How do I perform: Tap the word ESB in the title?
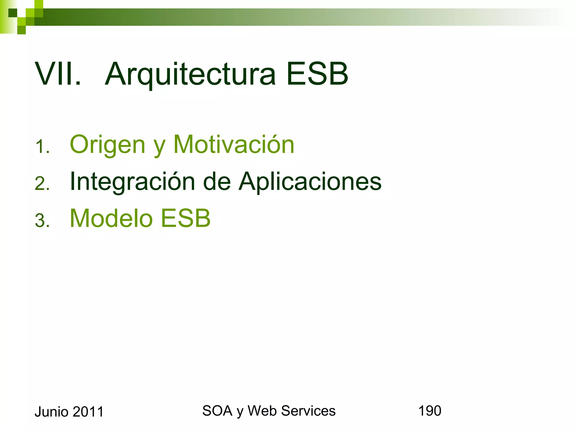click(x=317, y=74)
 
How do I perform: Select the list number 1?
click(x=42, y=146)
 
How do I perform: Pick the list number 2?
click(x=42, y=184)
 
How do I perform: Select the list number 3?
click(x=42, y=220)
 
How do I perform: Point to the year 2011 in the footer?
click(x=88, y=412)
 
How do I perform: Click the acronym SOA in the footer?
click(x=217, y=411)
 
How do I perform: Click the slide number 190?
click(x=430, y=411)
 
